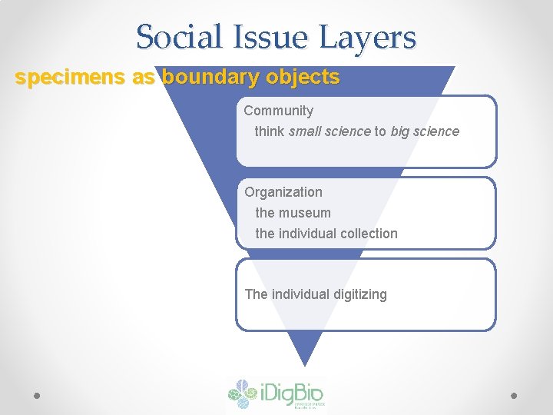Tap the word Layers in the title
coord(369,37)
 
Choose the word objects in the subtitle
coord(303,78)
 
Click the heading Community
coord(279,111)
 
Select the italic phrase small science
coord(329,131)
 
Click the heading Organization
coord(283,192)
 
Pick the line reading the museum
coord(293,213)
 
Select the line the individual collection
coord(326,234)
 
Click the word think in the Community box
coord(270,131)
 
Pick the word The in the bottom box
coord(256,294)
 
